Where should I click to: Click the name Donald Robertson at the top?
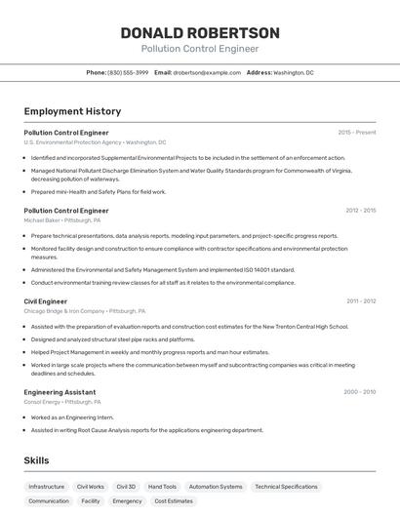click(x=200, y=33)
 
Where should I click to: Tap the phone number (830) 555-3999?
click(x=128, y=72)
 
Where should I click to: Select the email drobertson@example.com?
click(x=207, y=72)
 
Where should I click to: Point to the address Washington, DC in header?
click(x=294, y=72)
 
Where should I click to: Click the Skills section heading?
click(x=36, y=460)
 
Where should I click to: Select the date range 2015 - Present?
click(x=357, y=132)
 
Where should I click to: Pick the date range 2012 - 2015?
click(x=360, y=210)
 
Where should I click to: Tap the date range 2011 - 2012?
click(x=360, y=301)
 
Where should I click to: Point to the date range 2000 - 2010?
click(x=359, y=392)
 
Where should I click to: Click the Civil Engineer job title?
click(x=46, y=301)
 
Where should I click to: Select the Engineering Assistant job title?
click(x=60, y=392)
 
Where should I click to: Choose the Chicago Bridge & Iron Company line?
click(x=85, y=311)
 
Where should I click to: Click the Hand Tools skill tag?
click(x=162, y=486)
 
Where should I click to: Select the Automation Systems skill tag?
click(x=216, y=486)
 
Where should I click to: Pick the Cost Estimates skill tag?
click(x=174, y=501)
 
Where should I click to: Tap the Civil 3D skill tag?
click(x=126, y=486)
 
